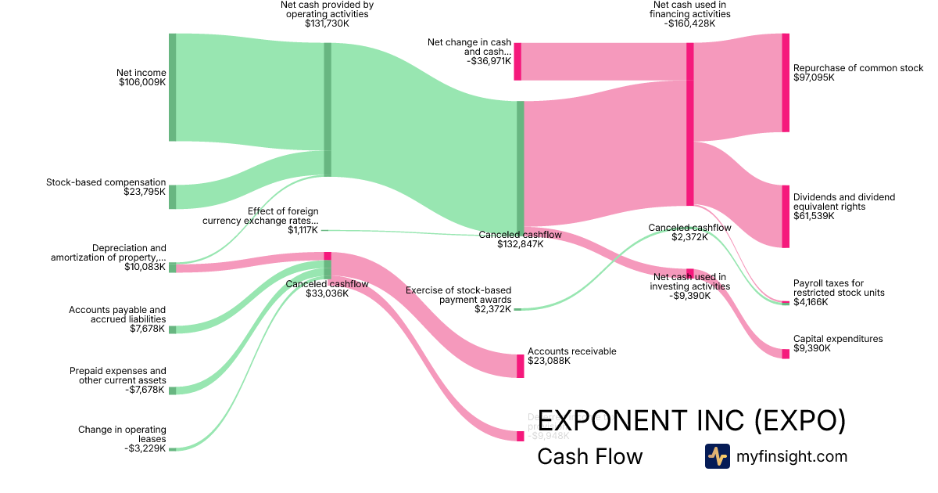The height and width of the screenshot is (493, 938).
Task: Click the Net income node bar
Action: tap(172, 88)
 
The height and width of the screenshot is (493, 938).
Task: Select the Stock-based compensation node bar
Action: tap(172, 197)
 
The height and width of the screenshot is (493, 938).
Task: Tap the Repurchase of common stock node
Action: tap(786, 83)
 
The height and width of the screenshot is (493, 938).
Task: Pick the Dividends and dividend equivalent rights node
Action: tap(786, 217)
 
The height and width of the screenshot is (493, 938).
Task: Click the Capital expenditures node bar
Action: tap(786, 354)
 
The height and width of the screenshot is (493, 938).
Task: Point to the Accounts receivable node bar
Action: tap(520, 366)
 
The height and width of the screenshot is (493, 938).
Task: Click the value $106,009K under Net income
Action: tap(142, 82)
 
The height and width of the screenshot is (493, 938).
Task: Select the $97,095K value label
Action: tap(814, 78)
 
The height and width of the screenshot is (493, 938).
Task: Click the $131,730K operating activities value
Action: tap(327, 23)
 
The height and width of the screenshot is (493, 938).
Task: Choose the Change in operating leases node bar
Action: tap(172, 449)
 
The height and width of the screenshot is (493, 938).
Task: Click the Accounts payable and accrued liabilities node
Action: tap(172, 329)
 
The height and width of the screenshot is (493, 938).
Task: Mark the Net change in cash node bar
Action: tap(517, 61)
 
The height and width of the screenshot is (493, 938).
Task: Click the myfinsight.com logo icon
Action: tap(717, 456)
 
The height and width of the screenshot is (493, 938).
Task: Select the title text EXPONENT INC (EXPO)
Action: tap(692, 421)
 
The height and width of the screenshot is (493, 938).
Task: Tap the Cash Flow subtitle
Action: tap(589, 457)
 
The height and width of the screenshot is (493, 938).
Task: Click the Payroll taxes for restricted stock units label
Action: tap(839, 287)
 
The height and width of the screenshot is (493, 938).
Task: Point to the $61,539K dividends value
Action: tap(814, 216)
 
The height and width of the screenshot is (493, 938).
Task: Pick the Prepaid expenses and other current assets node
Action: tap(172, 390)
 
